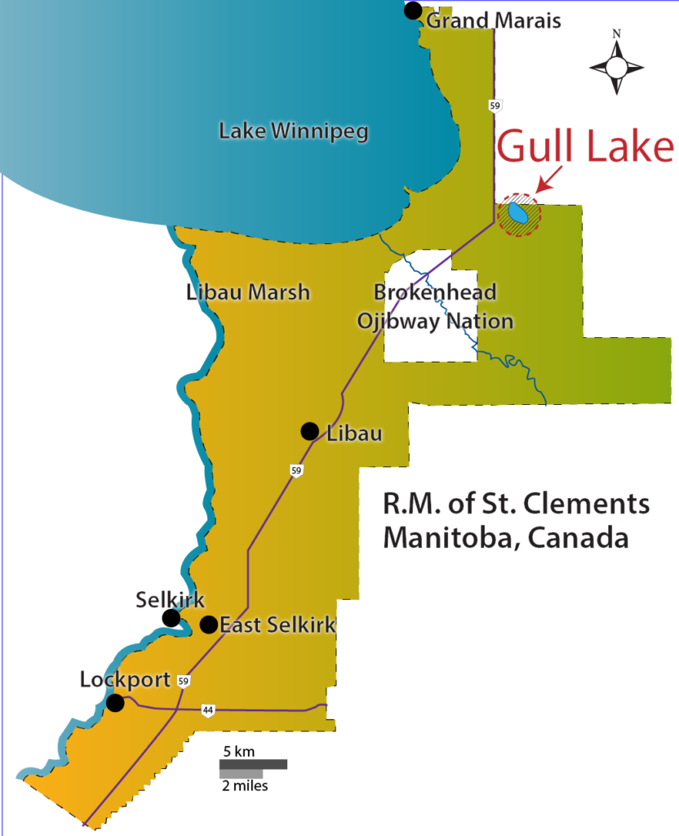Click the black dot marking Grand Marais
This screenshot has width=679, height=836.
coord(413,11)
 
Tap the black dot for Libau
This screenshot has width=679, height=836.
coord(309,431)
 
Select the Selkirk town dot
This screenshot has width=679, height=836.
coord(171,618)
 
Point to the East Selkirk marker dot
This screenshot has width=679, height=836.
coord(209,625)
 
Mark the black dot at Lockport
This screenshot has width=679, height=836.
coord(116,702)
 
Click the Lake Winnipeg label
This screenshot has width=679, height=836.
coord(294,131)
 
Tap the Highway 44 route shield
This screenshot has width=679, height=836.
coord(209,711)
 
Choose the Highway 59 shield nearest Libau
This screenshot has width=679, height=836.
coord(296,470)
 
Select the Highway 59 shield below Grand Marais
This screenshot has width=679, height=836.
coord(495,105)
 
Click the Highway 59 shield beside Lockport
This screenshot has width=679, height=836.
coord(185,682)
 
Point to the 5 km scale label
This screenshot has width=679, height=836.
coord(239,750)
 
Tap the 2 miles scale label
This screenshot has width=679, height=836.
coord(244,785)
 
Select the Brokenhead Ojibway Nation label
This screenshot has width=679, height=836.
coord(435,307)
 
